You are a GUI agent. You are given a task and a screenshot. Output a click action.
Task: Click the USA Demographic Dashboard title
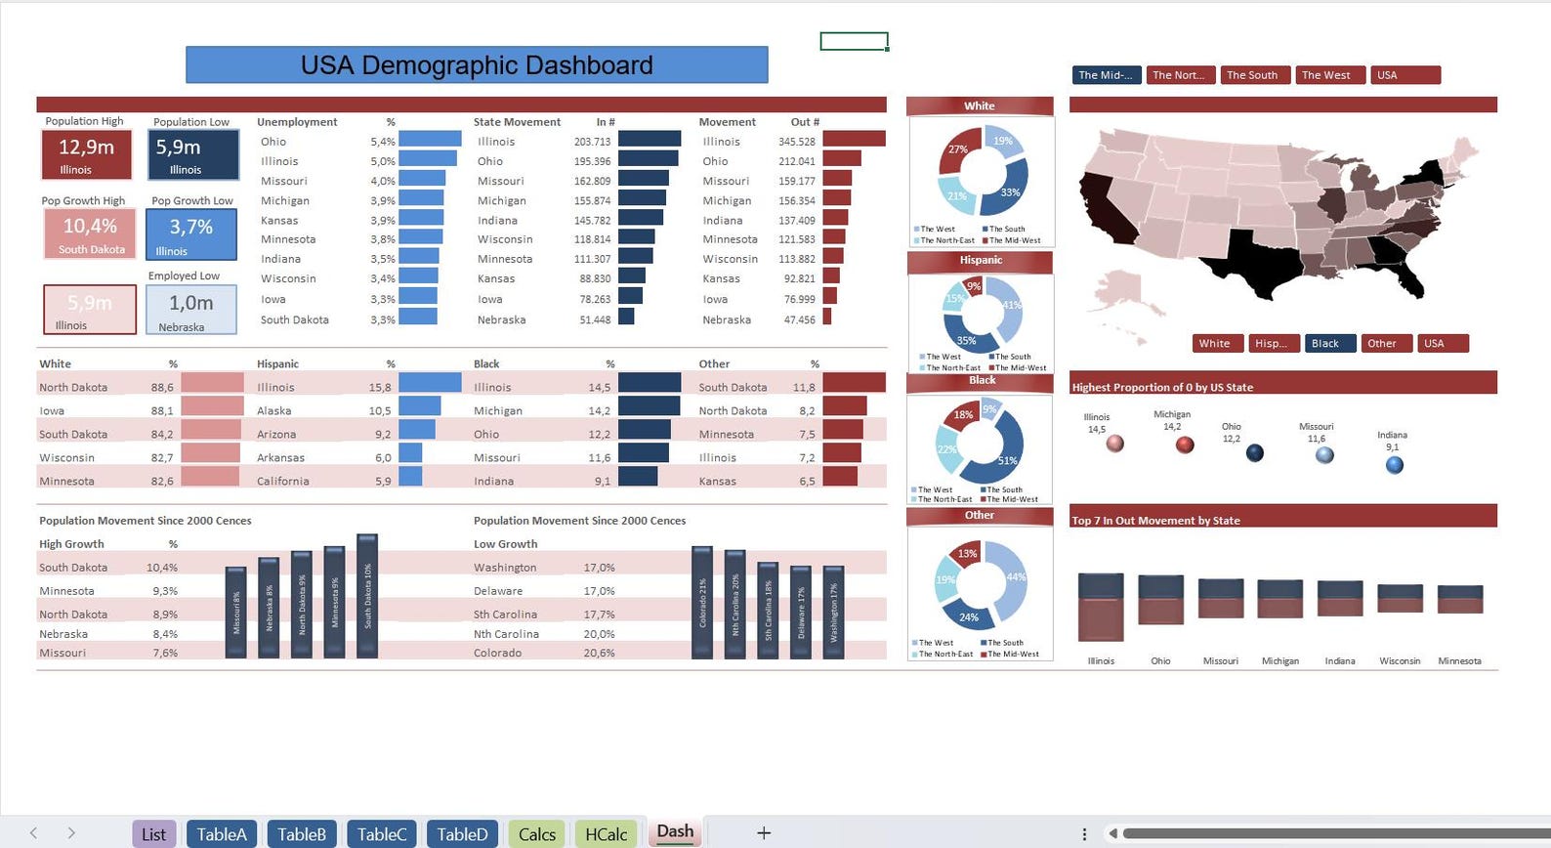477,65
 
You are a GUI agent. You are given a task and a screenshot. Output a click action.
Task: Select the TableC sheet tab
381,833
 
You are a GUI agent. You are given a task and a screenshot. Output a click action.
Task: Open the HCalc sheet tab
606,833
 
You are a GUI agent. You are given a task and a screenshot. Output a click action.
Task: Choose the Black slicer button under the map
1329,343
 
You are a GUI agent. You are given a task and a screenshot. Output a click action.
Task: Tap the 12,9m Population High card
87,154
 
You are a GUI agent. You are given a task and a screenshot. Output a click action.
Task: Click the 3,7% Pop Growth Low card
191,233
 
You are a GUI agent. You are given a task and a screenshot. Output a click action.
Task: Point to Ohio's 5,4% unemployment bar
430,140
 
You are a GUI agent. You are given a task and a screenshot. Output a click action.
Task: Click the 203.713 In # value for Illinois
592,142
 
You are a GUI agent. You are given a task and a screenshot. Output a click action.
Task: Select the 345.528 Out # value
796,142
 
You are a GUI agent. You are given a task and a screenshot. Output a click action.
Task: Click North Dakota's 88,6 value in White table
162,388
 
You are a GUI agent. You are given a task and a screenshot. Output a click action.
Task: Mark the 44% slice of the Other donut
1013,578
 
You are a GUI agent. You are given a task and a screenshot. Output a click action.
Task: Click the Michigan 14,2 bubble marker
1185,445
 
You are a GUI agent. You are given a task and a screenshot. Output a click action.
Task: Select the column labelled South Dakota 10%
367,596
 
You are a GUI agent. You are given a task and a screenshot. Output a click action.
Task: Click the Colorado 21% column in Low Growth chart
702,602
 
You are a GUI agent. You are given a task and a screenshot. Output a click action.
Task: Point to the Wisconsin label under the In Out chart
1399,661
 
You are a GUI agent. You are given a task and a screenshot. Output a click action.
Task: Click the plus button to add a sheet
764,832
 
